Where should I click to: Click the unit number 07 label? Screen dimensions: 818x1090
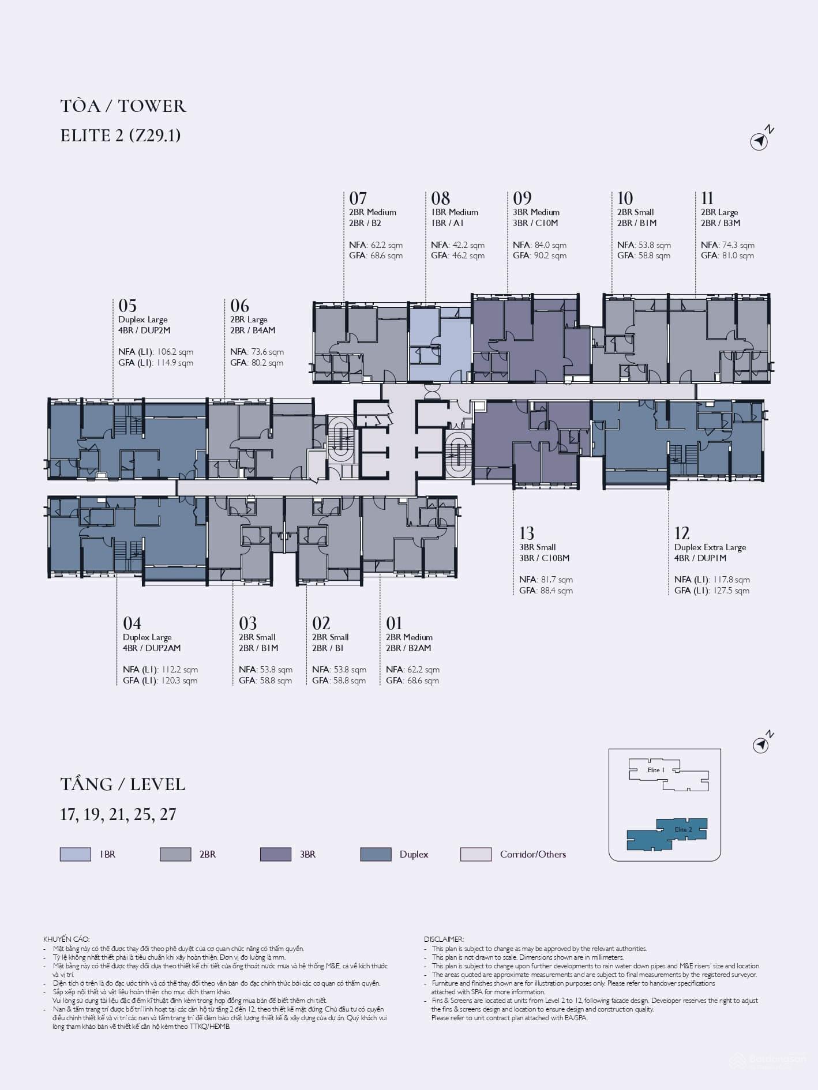click(x=358, y=198)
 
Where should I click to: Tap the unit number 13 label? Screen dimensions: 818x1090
click(x=527, y=533)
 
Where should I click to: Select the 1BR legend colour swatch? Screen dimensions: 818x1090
click(x=76, y=854)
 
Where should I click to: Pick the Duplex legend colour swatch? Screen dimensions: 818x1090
click(x=376, y=854)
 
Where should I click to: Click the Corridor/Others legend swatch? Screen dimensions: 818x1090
click(x=476, y=854)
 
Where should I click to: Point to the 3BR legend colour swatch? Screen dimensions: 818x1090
click(x=276, y=854)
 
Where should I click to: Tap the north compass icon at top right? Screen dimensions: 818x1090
click(x=761, y=140)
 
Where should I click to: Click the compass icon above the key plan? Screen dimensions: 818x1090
click(x=763, y=743)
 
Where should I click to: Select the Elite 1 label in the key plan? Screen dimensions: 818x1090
click(x=656, y=770)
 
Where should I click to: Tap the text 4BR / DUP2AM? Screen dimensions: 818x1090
click(x=152, y=648)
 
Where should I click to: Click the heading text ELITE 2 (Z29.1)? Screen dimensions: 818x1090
click(x=121, y=136)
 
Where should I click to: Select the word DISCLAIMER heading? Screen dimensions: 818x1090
click(x=444, y=939)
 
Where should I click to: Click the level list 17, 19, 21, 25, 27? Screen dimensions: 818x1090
click(x=118, y=814)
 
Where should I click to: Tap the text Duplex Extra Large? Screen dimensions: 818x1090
click(x=710, y=547)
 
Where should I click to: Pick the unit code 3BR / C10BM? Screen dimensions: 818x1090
click(x=545, y=558)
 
